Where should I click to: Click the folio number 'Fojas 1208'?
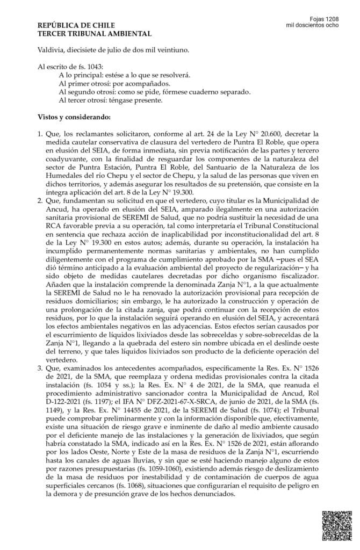pos(325,18)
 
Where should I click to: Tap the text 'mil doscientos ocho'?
pos(313,25)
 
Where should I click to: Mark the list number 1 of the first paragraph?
pos(40,134)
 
